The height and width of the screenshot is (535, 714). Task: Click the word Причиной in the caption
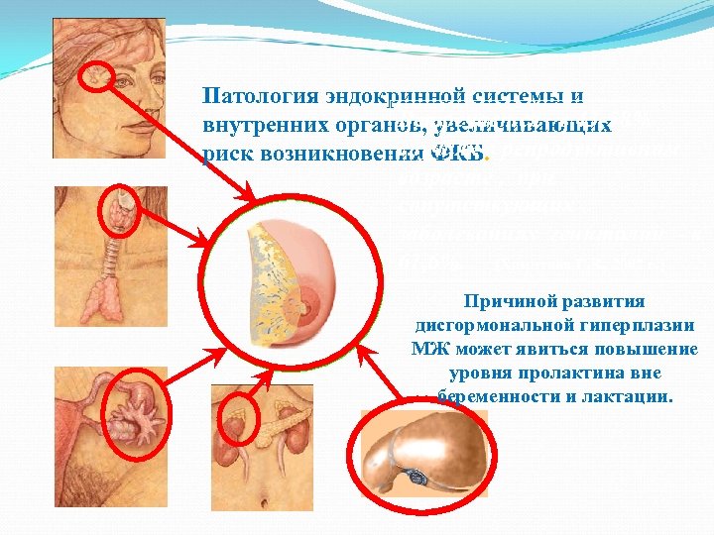tap(505, 301)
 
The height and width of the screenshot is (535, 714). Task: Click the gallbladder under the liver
tap(416, 477)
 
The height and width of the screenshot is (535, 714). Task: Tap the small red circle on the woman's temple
tap(97, 74)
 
